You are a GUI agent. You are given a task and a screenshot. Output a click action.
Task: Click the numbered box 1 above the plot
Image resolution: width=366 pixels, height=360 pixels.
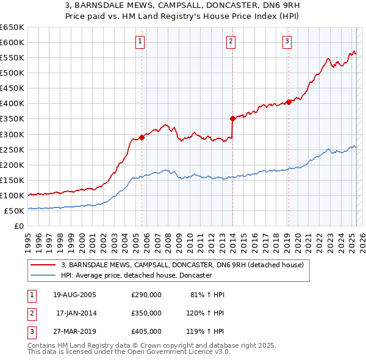point(141,41)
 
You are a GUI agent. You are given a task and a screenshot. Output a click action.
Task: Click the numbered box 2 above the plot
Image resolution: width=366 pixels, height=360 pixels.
point(232,41)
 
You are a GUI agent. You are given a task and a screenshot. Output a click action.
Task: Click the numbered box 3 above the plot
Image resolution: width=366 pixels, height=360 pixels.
point(287,41)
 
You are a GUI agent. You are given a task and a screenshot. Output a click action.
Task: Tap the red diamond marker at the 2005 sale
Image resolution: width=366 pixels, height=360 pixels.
point(142,137)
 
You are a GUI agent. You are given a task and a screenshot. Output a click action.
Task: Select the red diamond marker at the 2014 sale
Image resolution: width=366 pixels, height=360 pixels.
point(232,118)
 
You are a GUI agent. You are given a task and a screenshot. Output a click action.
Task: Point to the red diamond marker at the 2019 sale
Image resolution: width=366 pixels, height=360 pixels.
point(289,102)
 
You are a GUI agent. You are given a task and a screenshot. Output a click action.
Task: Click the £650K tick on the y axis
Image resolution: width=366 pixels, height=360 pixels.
point(12,27)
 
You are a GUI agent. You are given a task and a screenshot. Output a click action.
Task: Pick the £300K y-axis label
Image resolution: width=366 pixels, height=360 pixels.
point(12,134)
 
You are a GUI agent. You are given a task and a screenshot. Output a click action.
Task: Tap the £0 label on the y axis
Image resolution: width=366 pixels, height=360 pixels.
point(18,226)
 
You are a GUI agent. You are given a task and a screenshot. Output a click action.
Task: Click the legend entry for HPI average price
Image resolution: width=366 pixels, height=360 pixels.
point(136,276)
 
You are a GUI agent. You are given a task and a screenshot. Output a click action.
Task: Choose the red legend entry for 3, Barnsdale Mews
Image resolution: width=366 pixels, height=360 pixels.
point(178,265)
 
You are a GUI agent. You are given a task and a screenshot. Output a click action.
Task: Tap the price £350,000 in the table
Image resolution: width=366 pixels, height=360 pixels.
point(146,313)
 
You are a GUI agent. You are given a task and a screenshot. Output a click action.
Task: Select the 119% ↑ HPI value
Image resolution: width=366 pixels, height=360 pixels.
point(206,331)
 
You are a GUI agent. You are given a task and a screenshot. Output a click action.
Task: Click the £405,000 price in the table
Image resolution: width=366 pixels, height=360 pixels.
point(146,331)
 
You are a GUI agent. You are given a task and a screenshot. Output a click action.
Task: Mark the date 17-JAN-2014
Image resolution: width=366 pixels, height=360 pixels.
point(76,313)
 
